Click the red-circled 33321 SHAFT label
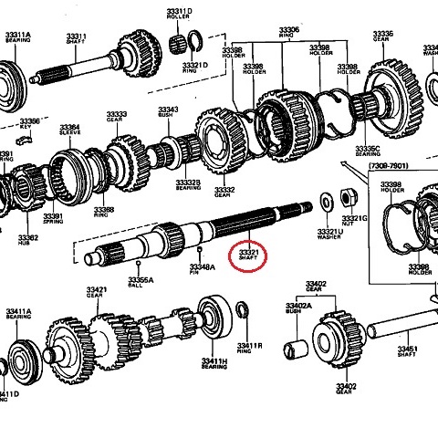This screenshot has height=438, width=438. coord(249,252)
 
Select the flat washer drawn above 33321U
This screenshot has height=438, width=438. coord(326,201)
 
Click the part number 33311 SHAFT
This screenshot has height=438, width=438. coord(77,38)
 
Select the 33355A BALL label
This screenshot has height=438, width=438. coord(141,281)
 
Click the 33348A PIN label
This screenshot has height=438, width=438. coord(202,269)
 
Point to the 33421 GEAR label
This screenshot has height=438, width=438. coord(98,292)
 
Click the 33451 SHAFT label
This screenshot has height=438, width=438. coord(408,351)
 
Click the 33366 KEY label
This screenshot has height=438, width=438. coord(30,122)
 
